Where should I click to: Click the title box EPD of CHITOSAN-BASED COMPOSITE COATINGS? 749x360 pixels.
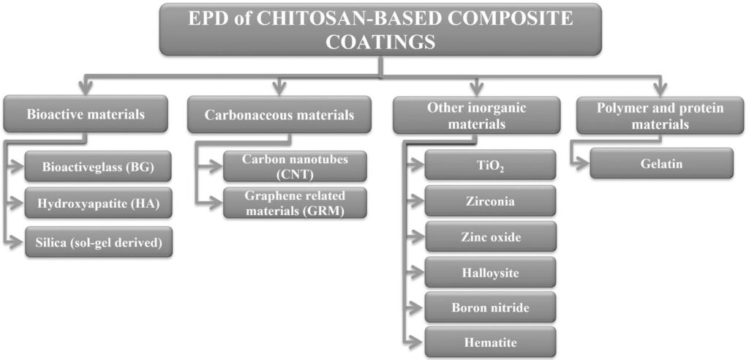tap(380, 29)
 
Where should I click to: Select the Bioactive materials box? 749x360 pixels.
tap(86, 114)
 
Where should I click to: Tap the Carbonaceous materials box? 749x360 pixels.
tap(279, 115)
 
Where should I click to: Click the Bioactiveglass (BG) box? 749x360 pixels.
tap(99, 167)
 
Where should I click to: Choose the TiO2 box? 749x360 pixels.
tap(491, 165)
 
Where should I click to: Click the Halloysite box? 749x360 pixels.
tap(491, 272)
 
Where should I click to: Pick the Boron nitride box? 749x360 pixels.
tap(491, 307)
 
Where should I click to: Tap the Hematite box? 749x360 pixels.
tap(491, 342)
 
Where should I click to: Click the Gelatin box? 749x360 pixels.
tap(660, 163)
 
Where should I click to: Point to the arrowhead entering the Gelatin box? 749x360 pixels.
tap(583, 164)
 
